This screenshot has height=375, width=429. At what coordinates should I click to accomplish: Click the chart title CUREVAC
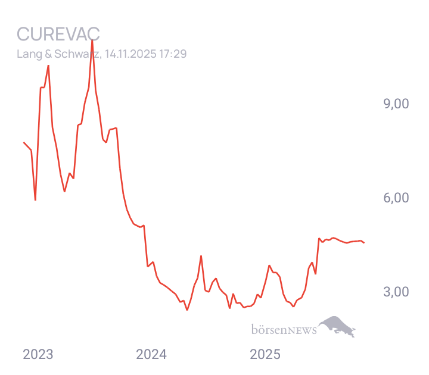[58, 34]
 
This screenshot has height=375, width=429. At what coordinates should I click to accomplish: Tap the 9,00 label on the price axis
[396, 104]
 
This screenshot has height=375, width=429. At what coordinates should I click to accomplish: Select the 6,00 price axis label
[396, 198]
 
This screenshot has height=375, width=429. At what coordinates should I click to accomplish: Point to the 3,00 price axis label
[396, 292]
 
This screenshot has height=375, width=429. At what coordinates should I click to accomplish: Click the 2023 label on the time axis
[38, 355]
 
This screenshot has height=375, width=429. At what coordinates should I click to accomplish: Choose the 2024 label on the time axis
[151, 355]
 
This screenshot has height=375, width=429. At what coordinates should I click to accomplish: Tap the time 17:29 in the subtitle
[173, 54]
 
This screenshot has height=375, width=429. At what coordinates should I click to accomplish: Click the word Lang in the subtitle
[26, 54]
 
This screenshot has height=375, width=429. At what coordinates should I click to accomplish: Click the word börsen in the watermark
[268, 329]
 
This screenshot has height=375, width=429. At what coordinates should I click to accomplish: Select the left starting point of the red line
[23, 143]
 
